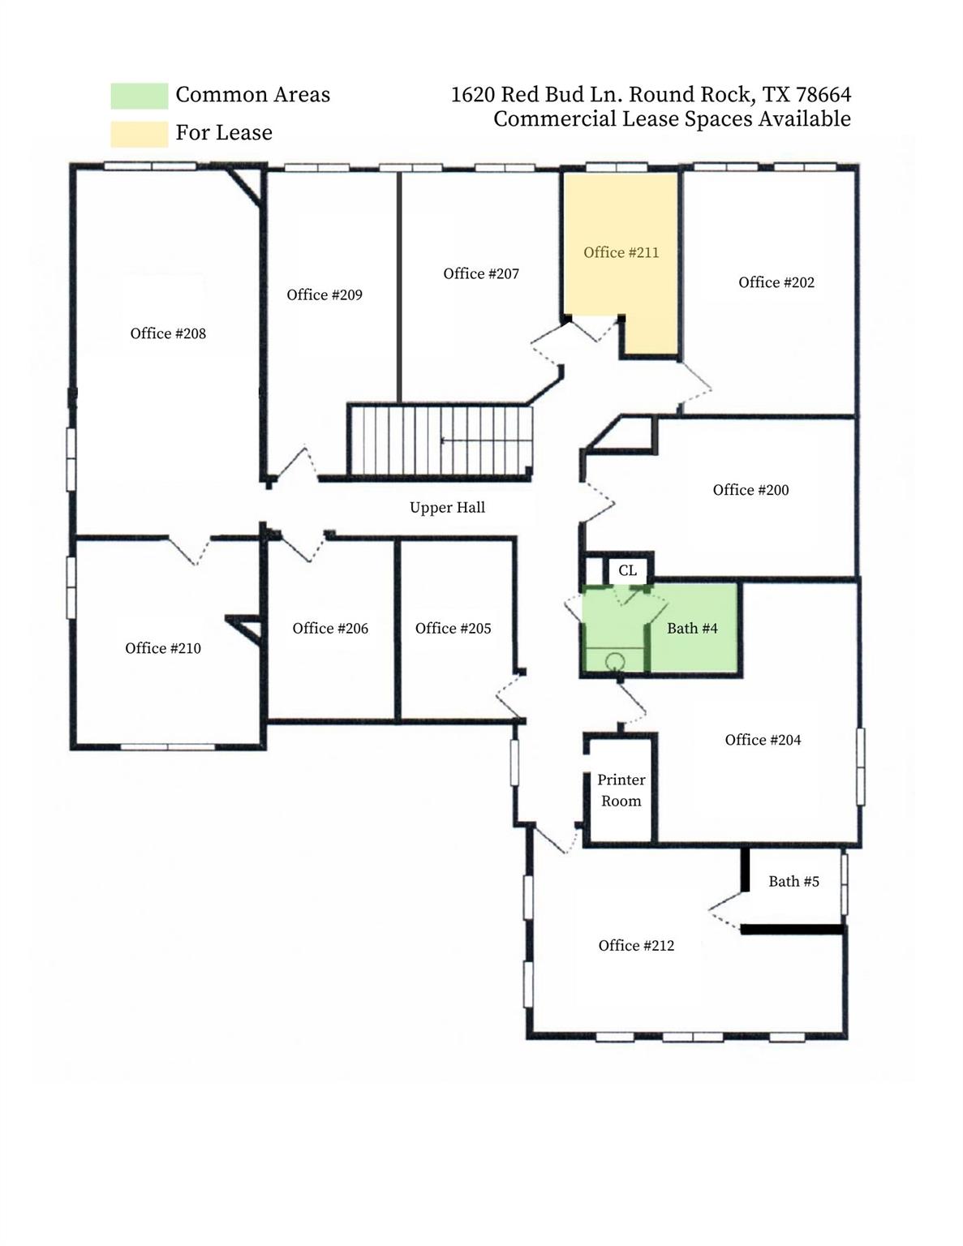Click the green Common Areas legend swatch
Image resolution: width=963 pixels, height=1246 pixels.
139,96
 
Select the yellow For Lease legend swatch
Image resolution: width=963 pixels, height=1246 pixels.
139,134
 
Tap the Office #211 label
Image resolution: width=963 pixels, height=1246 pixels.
621,252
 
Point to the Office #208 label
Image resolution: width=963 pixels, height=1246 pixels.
168,333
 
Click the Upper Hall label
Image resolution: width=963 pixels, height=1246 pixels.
447,508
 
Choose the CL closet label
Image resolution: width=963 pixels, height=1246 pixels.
627,570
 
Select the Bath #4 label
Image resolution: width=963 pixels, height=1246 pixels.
692,628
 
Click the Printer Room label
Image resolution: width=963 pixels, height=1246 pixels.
621,790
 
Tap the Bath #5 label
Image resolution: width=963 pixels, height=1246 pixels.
793,881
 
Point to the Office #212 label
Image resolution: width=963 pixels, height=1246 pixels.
636,945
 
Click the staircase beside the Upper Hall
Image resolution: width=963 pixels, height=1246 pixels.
441,440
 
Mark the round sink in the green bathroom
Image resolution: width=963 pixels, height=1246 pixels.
615,660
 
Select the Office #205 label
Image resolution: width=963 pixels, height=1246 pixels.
453,628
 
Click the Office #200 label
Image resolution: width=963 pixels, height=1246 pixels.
750,490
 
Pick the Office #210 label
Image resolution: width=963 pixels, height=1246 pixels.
162,648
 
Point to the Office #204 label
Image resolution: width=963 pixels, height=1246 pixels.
763,740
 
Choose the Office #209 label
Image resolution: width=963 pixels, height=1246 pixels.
324,294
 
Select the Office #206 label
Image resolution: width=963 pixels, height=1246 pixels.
330,628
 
